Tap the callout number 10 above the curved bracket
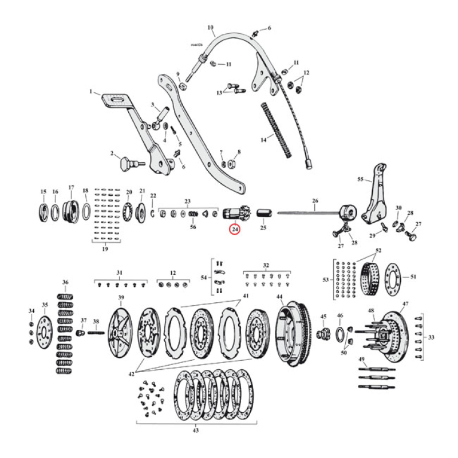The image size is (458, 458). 210,27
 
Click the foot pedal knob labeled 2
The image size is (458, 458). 126,164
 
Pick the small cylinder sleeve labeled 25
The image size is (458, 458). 264,215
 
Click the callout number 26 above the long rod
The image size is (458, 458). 314,201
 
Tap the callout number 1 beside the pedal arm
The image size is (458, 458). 90,91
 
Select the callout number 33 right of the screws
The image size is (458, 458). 431,337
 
